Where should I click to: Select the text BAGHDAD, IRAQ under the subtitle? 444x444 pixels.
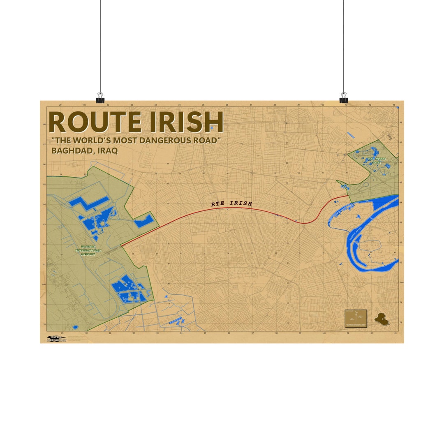(84, 150)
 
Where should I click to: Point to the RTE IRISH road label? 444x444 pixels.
(231, 203)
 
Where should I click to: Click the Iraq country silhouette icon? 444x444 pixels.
(381, 319)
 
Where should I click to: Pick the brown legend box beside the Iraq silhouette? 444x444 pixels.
(356, 319)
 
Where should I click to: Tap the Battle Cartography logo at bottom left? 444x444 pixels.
(56, 339)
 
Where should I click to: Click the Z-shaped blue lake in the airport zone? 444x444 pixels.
(88, 202)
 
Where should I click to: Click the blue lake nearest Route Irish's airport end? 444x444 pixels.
(144, 222)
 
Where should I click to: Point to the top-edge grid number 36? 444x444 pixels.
(227, 105)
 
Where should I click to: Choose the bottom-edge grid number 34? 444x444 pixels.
(181, 333)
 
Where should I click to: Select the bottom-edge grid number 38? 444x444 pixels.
(276, 333)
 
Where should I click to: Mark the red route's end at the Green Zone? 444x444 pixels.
(348, 196)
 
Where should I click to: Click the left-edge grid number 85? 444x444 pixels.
(45, 185)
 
